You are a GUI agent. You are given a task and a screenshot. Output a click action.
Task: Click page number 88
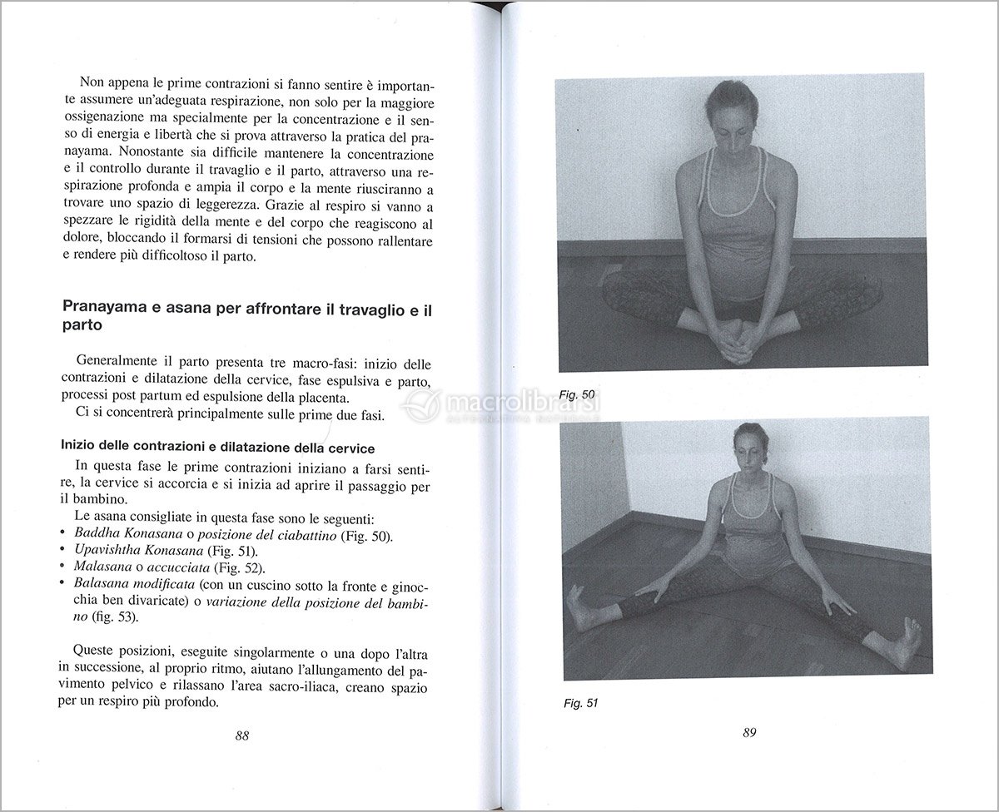(x=242, y=735)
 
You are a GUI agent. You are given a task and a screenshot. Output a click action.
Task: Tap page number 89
(x=748, y=733)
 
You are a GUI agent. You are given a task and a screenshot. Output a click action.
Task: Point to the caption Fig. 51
(x=580, y=703)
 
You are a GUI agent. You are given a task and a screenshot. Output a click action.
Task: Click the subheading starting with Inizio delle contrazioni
(x=218, y=448)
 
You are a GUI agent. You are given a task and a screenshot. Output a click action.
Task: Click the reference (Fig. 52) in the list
(x=240, y=567)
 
